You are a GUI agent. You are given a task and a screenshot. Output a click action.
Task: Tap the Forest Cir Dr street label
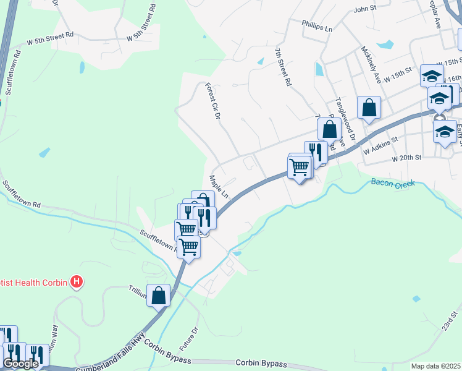[212, 102]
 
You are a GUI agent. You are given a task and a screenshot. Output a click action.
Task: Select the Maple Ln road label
[219, 187]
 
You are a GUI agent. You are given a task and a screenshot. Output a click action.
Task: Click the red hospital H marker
[77, 283]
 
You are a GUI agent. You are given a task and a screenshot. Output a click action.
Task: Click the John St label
[365, 9]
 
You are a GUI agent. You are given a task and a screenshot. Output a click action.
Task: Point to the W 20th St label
[406, 158]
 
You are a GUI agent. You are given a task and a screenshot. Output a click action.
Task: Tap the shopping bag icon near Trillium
[159, 295]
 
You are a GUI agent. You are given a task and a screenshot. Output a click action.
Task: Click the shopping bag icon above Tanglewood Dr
[369, 107]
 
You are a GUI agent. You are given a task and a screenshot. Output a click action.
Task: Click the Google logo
[20, 364]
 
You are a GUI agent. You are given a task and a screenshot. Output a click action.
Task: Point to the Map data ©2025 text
[435, 366]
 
